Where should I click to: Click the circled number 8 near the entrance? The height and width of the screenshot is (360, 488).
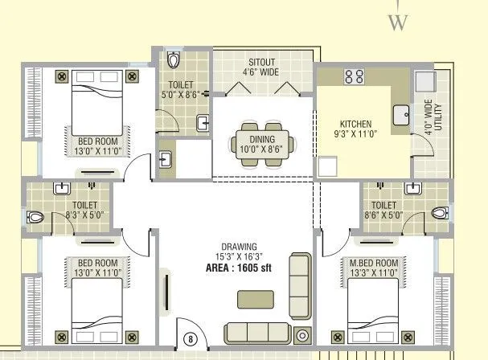(191, 339)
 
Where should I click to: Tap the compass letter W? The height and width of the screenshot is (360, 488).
(396, 22)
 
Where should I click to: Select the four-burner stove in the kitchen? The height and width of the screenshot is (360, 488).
(353, 78)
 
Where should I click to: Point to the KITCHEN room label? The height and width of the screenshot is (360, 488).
(355, 124)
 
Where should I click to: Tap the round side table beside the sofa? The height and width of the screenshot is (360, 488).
(302, 336)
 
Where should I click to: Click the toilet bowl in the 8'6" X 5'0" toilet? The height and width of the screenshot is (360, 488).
(438, 213)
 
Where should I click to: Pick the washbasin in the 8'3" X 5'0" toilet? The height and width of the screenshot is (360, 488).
(62, 190)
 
